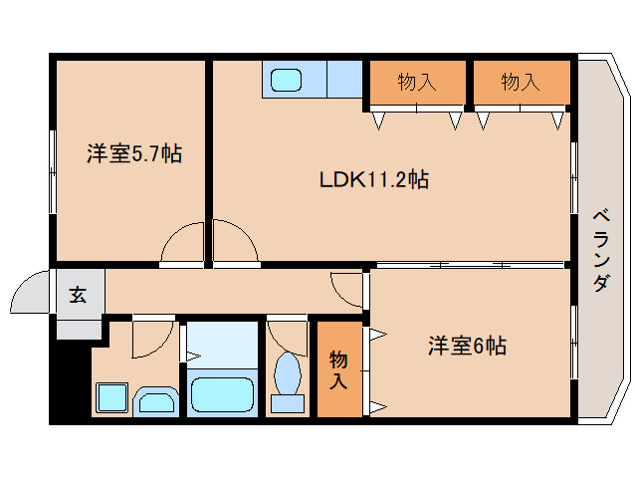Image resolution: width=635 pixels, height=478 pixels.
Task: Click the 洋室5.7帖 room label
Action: point(134,153)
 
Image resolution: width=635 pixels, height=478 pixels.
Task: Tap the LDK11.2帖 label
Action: point(374,179)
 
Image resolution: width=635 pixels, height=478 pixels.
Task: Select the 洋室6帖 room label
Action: point(467,346)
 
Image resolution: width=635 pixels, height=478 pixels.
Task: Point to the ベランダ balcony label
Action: point(601,250)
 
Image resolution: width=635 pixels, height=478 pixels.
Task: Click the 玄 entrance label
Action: point(78,295)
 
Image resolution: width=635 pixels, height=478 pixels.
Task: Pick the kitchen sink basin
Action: point(286,80)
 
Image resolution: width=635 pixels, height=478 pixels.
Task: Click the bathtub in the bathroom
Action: point(222,394)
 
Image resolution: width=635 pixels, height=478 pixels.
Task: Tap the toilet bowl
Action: point(288,372)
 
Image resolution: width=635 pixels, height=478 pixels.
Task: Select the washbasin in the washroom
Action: point(156,403)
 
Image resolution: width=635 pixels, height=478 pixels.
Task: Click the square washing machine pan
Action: point(112,397)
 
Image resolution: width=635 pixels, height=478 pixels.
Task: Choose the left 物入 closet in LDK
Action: point(417,83)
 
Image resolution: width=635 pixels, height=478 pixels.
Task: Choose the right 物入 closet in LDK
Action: point(522,83)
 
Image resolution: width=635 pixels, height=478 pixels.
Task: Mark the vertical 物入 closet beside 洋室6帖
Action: point(338,369)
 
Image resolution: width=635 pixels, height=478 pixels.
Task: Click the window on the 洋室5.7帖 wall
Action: point(52,171)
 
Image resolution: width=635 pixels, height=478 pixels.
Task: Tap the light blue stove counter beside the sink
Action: point(344,80)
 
